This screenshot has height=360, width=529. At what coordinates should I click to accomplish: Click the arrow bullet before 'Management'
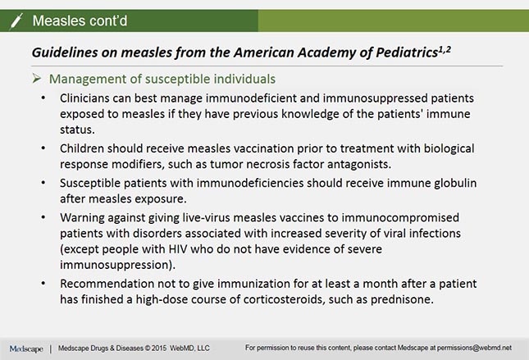click(38, 80)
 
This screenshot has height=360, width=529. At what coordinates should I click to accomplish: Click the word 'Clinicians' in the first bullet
click(90, 98)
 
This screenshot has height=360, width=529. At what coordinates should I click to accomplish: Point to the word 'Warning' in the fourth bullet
click(85, 219)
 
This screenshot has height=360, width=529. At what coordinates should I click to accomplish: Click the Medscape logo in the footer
click(27, 349)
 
